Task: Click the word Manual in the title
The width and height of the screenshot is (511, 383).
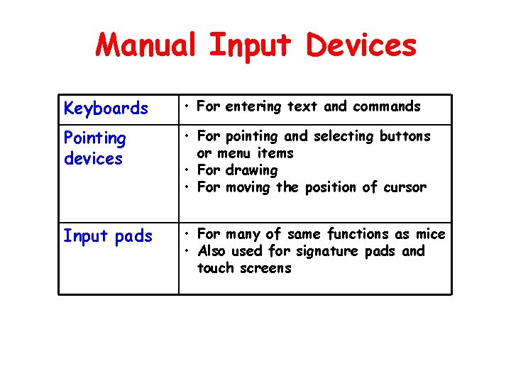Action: pos(147,45)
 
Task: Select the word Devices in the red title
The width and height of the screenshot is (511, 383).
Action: pos(361,45)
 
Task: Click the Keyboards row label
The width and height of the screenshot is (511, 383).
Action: pos(106,109)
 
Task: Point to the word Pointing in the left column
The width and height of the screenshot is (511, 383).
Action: pos(94,139)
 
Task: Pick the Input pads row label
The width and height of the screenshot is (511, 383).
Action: pos(108,236)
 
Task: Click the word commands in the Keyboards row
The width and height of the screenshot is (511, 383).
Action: pos(386,106)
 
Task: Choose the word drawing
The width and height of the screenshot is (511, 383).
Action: pos(251,171)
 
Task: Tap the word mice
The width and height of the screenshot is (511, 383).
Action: pos(432,234)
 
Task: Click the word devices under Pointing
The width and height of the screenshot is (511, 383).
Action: pos(93,158)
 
